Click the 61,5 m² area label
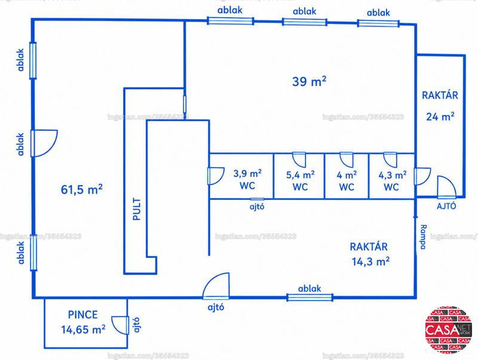point(82,189)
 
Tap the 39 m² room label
point(309,81)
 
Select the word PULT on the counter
point(137,209)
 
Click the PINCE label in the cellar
point(82,314)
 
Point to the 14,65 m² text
point(83,329)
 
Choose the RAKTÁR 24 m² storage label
point(440,106)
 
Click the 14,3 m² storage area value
point(370,261)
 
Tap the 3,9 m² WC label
point(247,179)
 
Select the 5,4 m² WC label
point(301,181)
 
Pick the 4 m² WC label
point(347,181)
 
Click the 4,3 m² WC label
point(392,181)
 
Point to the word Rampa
point(424,237)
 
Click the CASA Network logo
point(449,330)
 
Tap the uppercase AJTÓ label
point(446,206)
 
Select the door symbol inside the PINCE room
point(120,325)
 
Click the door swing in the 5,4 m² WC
point(299,159)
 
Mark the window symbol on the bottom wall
point(310,297)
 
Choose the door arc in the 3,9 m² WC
point(216,176)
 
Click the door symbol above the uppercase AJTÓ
point(446,187)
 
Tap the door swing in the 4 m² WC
point(347,159)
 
